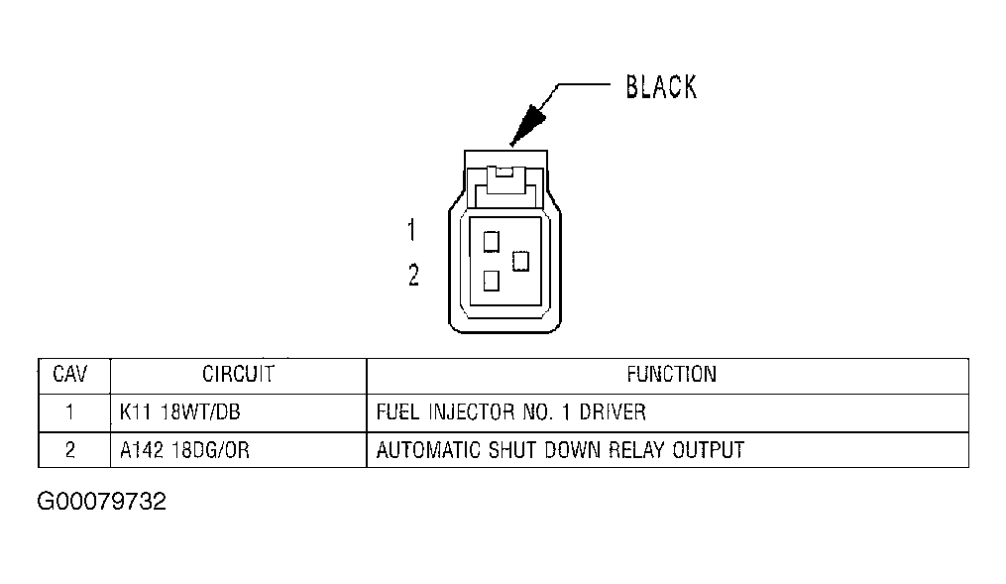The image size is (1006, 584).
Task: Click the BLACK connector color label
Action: pyautogui.click(x=660, y=87)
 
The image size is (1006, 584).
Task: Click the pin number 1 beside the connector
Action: pyautogui.click(x=412, y=231)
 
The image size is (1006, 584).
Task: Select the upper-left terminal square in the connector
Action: pyautogui.click(x=490, y=240)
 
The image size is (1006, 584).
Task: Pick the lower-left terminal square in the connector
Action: pyautogui.click(x=490, y=281)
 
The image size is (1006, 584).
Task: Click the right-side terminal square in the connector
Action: pyautogui.click(x=520, y=261)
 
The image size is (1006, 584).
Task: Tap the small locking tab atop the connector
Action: pyautogui.click(x=504, y=173)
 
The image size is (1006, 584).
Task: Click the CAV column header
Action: pyautogui.click(x=69, y=375)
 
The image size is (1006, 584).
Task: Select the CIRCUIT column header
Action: pyautogui.click(x=238, y=375)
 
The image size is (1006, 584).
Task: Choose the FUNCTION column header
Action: pyautogui.click(x=671, y=375)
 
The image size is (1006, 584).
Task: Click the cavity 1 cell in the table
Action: pyautogui.click(x=69, y=411)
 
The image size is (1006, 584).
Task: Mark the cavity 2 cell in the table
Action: pyautogui.click(x=69, y=450)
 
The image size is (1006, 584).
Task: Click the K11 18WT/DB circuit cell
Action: pyautogui.click(x=178, y=411)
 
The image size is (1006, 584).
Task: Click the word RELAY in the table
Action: pyautogui.click(x=634, y=450)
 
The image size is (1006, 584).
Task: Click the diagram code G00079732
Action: pyautogui.click(x=102, y=502)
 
